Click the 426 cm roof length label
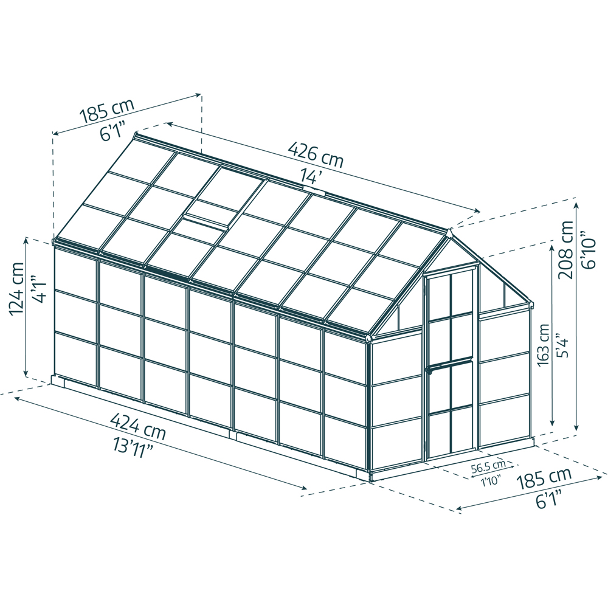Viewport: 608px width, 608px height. tap(316, 154)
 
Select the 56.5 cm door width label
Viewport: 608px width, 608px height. tap(489, 467)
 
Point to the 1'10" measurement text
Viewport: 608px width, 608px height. tap(491, 482)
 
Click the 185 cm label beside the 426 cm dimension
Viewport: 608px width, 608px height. tap(106, 111)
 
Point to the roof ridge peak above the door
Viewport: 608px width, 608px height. tap(449, 231)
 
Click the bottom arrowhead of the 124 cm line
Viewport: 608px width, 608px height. tap(26, 373)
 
